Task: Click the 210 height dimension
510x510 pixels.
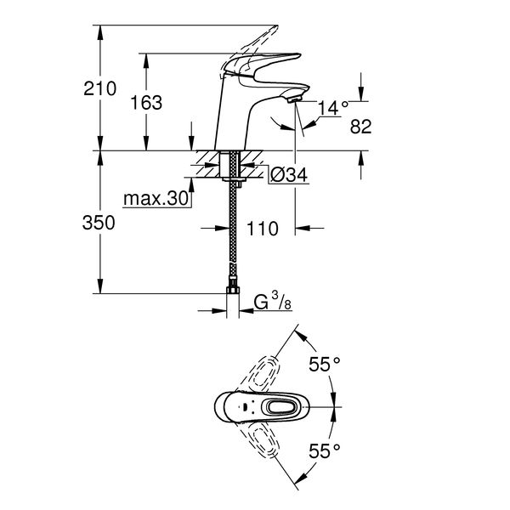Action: pyautogui.click(x=99, y=88)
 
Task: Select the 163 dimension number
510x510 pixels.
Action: pyautogui.click(x=146, y=103)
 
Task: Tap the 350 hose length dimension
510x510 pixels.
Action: pyautogui.click(x=99, y=223)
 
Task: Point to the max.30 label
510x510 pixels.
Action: pyautogui.click(x=156, y=198)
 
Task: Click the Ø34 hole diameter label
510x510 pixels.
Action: pyautogui.click(x=288, y=175)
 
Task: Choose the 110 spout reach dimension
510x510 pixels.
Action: pyautogui.click(x=263, y=229)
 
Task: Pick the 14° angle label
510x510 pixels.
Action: pyautogui.click(x=332, y=108)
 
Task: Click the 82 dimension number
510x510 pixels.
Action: pyautogui.click(x=360, y=126)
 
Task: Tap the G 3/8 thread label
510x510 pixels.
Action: pyautogui.click(x=273, y=301)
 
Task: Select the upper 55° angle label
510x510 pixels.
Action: pyautogui.click(x=325, y=364)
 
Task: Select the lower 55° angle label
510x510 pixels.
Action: pyautogui.click(x=325, y=450)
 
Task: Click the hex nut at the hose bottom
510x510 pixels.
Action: pyautogui.click(x=233, y=287)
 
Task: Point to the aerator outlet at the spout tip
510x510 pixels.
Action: pyautogui.click(x=295, y=99)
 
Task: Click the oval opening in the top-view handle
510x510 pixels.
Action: pyautogui.click(x=280, y=406)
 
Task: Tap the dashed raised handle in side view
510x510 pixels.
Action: pyautogui.click(x=250, y=50)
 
